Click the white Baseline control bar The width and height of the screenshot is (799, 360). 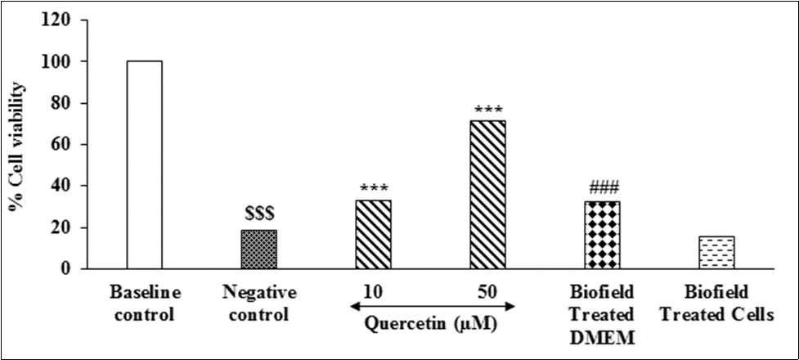point(145,164)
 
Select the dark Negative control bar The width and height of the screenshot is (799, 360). point(258,250)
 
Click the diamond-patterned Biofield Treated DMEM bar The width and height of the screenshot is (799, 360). point(602,235)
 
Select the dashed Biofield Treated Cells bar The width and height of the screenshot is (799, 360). point(716,253)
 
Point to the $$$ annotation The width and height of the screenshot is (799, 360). point(258,214)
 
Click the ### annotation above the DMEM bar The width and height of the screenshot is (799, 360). point(602,186)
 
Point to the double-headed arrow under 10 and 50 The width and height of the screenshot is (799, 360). point(430,307)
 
